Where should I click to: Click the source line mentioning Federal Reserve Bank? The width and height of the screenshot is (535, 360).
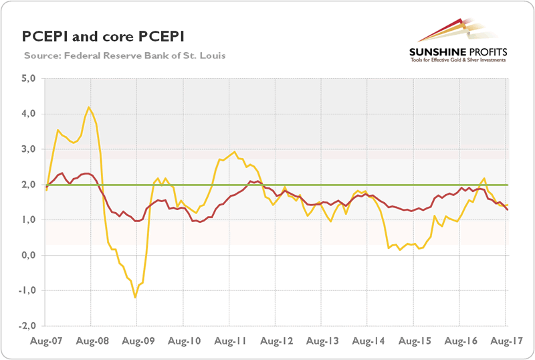pos(124,55)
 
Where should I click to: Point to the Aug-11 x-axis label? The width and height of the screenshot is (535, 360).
pos(229,341)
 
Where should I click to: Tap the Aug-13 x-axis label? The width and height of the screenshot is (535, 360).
pos(322,341)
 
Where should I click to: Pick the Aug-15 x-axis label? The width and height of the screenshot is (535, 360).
pos(414,341)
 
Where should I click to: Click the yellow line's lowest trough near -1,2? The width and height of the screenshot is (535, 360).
pos(135,297)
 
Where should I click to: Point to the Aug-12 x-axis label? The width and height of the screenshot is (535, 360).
pos(276,341)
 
